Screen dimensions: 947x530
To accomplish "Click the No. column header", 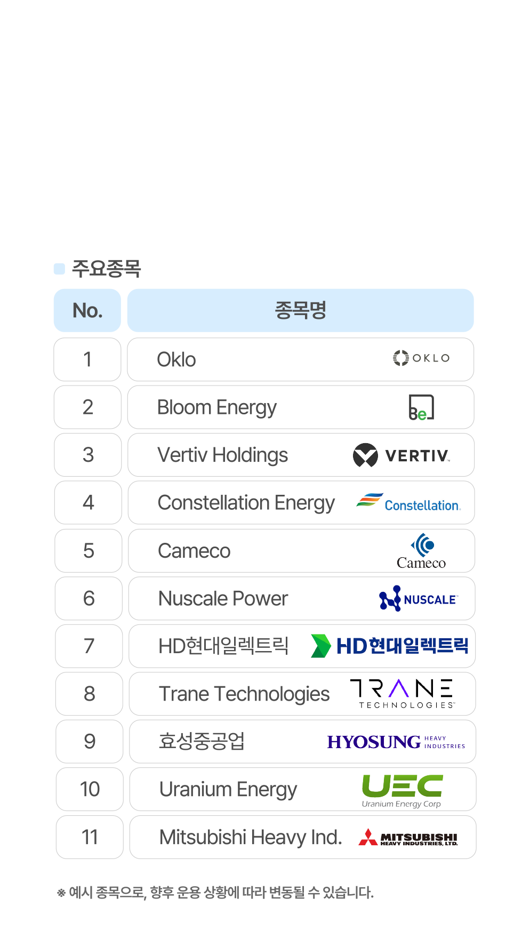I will (87, 310).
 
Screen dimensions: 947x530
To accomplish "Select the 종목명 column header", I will (300, 310).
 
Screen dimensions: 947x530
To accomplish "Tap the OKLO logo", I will (421, 358).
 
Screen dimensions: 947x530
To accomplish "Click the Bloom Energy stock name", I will (217, 407).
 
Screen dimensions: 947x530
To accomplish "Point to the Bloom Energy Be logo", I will (421, 407).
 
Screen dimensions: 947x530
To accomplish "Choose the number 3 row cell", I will (88, 455).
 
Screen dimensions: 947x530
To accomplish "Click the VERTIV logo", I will (401, 455).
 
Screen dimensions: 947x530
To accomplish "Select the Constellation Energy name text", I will (246, 503).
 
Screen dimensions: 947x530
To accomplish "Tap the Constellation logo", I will (408, 502).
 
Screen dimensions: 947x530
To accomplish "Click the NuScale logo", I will (418, 599).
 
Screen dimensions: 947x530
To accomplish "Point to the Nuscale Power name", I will (223, 598).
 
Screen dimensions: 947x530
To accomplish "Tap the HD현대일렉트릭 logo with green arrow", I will (389, 646).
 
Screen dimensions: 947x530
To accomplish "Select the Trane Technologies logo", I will (403, 694).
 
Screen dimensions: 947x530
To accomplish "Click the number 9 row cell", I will (90, 741).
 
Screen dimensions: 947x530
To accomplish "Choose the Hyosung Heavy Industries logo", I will (396, 742).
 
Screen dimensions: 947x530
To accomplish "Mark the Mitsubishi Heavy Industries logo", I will (408, 837).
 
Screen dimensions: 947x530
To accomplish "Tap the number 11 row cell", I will (90, 837).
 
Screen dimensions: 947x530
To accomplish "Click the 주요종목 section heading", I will (106, 269).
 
